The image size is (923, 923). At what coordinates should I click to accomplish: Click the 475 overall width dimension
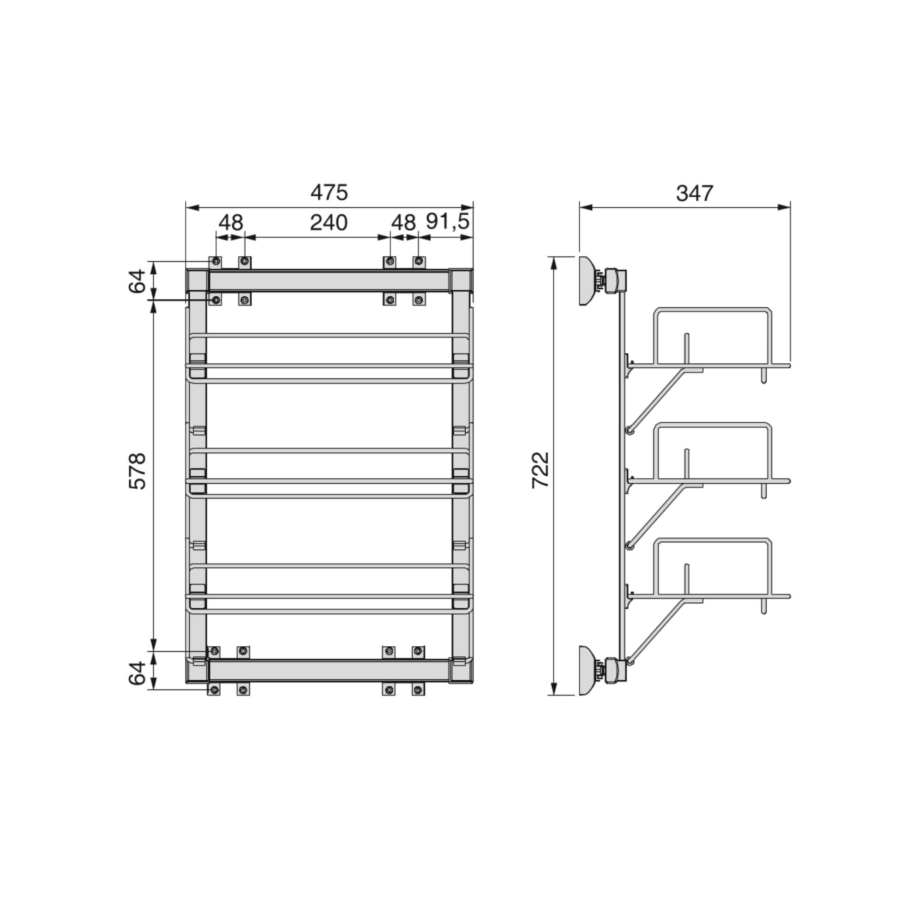[329, 193]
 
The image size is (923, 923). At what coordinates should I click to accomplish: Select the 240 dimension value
[329, 223]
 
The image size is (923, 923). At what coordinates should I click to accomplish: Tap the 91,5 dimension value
[448, 222]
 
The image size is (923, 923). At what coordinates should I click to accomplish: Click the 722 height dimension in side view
[541, 470]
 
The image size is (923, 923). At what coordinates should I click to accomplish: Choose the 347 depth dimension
[695, 193]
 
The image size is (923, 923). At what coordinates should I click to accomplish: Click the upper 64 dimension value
[137, 281]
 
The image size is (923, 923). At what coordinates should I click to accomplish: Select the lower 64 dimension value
[137, 673]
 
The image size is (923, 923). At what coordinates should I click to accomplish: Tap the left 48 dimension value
[231, 222]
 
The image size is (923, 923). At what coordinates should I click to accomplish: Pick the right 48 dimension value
[404, 222]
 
